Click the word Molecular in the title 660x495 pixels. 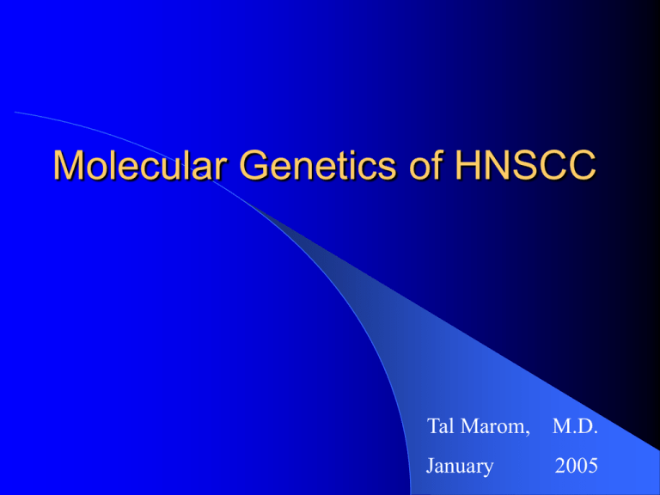(x=140, y=164)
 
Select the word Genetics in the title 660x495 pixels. (x=318, y=164)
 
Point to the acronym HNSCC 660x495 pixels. (x=525, y=164)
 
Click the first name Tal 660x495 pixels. (x=440, y=426)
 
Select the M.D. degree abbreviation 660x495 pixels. (x=575, y=426)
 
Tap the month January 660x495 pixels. (x=460, y=467)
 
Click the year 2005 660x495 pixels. (x=577, y=466)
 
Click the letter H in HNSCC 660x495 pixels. (x=469, y=165)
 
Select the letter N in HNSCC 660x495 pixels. (x=501, y=165)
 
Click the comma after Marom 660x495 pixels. (x=527, y=433)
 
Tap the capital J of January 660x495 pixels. (x=431, y=466)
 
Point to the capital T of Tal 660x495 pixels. (x=433, y=426)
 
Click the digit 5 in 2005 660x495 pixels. (x=593, y=466)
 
